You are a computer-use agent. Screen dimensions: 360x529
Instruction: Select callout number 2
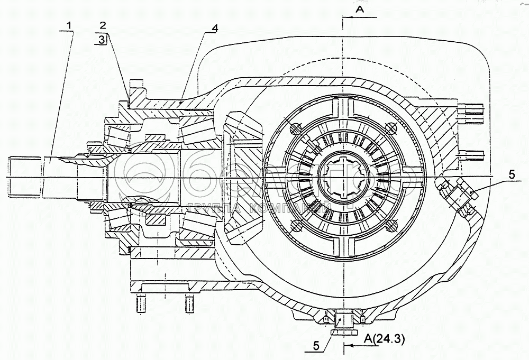[103, 25]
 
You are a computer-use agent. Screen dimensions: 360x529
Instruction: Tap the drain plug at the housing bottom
[343, 321]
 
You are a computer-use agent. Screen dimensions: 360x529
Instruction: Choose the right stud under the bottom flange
[188, 304]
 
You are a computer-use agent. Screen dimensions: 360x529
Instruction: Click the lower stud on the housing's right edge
[473, 155]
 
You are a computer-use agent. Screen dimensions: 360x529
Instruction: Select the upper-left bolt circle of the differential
[295, 127]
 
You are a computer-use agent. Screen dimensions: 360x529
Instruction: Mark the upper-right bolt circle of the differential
[391, 127]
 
